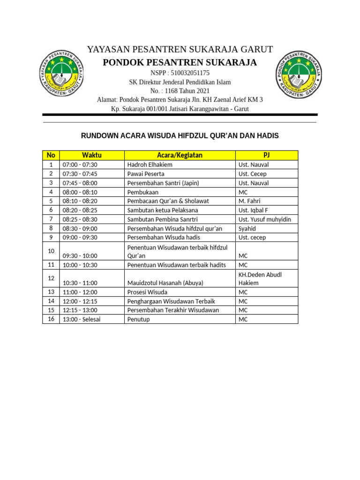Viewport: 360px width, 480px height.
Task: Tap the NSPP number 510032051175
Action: click(x=180, y=73)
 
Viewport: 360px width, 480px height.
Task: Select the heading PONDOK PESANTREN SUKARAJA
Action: click(x=180, y=63)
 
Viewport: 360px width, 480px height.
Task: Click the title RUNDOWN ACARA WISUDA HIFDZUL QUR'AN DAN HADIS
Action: click(x=180, y=136)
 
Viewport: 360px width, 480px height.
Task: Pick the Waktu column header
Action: click(x=91, y=155)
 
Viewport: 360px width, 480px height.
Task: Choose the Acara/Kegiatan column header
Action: click(x=180, y=155)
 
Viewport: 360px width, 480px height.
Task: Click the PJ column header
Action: click(x=266, y=155)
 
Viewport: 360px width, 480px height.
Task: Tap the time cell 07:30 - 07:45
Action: click(x=80, y=174)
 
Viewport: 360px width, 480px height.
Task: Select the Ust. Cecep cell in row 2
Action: click(x=253, y=174)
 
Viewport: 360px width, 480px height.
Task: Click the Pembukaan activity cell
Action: click(x=143, y=192)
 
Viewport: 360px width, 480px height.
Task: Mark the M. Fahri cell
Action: click(x=250, y=201)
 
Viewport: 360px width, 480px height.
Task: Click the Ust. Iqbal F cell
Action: click(x=254, y=210)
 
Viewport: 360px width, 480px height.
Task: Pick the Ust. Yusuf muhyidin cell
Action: click(x=265, y=219)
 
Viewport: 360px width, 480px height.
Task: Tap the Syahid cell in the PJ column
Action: click(x=247, y=228)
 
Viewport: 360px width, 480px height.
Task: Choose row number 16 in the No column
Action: click(x=51, y=319)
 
